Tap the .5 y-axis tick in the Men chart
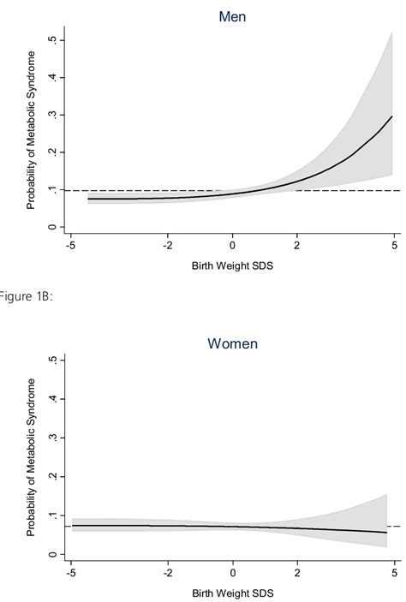point(53,40)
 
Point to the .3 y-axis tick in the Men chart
point(53,115)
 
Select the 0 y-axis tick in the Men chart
point(53,227)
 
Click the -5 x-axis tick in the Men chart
point(73,246)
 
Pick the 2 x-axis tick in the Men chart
point(297,246)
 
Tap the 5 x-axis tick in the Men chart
point(395,246)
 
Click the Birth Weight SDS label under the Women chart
point(231,593)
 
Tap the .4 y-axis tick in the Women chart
point(53,398)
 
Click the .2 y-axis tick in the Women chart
point(53,476)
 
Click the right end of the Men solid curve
point(392,116)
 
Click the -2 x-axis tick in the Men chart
point(168,246)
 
